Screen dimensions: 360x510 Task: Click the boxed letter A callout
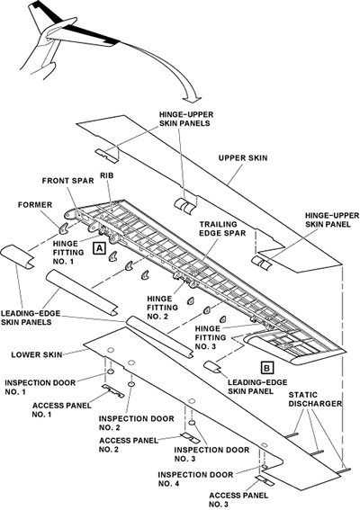99,248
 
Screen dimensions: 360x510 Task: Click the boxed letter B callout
267,368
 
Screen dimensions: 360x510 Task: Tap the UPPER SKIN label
243,158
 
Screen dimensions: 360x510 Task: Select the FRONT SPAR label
67,181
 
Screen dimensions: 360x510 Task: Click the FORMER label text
35,205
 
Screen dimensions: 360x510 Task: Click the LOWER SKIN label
37,354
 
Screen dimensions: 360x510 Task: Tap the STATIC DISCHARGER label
315,399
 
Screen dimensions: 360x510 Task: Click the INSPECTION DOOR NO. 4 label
195,479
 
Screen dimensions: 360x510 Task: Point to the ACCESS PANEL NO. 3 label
238,499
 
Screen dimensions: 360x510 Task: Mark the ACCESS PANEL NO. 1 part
112,390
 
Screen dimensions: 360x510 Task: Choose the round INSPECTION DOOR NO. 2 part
131,385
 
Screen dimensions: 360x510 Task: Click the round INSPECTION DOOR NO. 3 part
192,423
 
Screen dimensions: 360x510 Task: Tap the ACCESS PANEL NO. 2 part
191,438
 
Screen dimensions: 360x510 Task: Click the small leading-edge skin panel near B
212,365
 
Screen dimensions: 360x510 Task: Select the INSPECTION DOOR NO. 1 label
40,387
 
